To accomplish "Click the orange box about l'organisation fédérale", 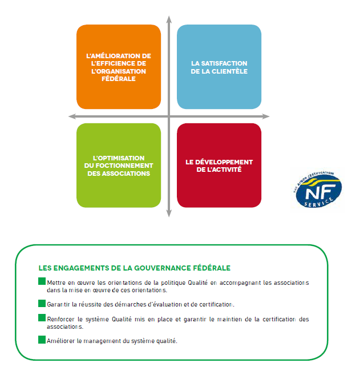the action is click(119, 67).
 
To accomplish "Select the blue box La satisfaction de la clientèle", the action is click(219, 67).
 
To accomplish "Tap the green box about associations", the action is click(119, 166).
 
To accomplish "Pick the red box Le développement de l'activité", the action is click(219, 166).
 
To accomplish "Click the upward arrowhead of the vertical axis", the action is click(169, 19).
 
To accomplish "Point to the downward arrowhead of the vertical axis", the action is click(169, 213).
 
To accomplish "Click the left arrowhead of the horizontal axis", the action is click(72, 116).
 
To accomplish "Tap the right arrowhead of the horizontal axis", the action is click(266, 116).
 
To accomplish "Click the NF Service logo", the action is click(317, 189).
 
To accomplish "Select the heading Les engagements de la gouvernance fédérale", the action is click(135, 268).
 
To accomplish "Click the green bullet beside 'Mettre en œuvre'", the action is click(42, 281).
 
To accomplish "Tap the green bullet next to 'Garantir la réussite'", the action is click(42, 303).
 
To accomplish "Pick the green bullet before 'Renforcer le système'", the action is click(42, 317).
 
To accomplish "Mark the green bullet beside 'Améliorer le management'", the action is click(42, 340).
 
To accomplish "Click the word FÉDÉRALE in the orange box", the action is click(119, 79).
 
